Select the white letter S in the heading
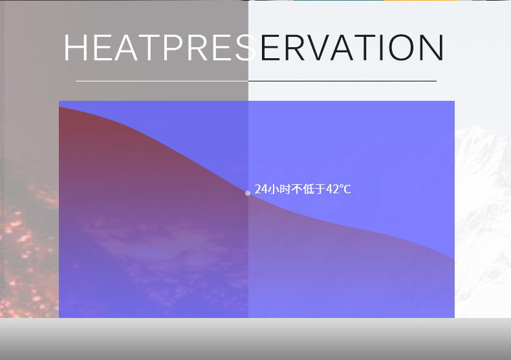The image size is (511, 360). tap(245, 48)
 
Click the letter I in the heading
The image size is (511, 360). tap(381, 48)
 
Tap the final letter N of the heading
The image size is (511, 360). tap(432, 48)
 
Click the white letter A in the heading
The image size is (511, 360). tap(125, 48)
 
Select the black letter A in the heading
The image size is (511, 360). tap(342, 48)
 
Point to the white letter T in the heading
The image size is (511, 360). tap(149, 48)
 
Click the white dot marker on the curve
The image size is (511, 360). tap(248, 193)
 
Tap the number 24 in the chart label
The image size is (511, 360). tap(261, 189)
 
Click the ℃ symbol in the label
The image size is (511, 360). tap(345, 189)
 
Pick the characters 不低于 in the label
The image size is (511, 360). tap(309, 189)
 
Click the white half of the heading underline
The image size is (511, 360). tap(162, 81)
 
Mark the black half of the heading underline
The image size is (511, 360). tap(343, 81)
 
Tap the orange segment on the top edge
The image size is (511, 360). tap(421, 1)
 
